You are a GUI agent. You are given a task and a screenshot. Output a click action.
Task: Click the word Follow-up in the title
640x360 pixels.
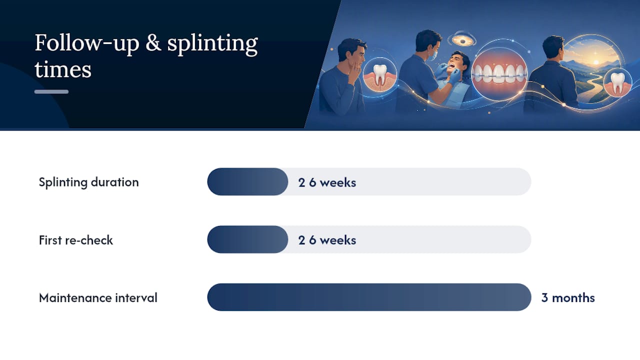click(87, 43)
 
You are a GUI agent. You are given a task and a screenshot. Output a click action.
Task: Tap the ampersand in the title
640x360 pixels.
click(153, 43)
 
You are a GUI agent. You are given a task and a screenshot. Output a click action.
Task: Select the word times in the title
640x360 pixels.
click(63, 69)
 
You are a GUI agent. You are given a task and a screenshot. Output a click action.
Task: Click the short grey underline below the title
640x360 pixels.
click(51, 91)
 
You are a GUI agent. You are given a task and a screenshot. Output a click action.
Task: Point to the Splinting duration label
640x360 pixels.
click(89, 182)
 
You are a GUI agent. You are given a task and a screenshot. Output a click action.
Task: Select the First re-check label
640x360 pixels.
click(76, 240)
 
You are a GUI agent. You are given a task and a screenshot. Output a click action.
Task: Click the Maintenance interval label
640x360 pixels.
click(98, 297)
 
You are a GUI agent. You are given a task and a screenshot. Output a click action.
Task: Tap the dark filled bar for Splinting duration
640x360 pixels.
click(247, 181)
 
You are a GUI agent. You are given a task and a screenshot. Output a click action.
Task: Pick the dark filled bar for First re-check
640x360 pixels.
click(247, 239)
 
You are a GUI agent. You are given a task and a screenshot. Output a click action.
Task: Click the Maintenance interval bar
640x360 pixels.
click(369, 297)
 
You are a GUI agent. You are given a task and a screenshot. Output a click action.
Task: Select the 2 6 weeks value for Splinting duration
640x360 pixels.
click(327, 182)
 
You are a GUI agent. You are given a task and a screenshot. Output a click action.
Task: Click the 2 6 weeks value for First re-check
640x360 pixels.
click(327, 240)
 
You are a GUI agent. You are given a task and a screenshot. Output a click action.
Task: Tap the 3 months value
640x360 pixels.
click(568, 297)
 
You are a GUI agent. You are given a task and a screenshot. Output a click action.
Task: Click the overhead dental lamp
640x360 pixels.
click(462, 40)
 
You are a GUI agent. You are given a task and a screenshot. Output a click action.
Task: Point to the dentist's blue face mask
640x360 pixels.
click(432, 55)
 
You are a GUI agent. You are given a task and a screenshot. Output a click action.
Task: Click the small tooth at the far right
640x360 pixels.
click(617, 83)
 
